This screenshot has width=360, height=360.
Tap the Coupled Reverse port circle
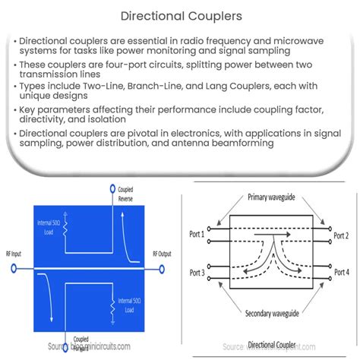click(x=112, y=185)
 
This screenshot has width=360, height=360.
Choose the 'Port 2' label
click(x=341, y=235)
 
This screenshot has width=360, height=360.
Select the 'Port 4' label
click(x=341, y=272)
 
